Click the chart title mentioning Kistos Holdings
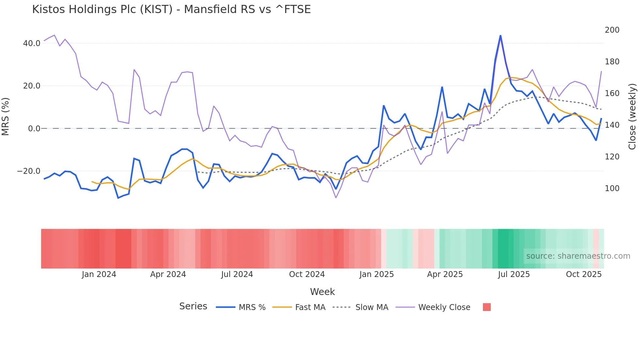click(171, 9)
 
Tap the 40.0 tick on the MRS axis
click(32, 43)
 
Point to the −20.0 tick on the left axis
click(29, 171)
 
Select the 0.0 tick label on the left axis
click(34, 128)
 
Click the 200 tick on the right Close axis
click(612, 30)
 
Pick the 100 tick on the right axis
click(612, 188)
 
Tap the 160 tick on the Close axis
click(612, 93)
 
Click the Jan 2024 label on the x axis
click(99, 274)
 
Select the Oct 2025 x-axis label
click(584, 274)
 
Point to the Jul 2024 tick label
click(237, 274)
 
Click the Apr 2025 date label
click(445, 274)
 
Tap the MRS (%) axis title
click(5, 116)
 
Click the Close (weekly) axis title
click(632, 116)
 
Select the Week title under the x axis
click(322, 291)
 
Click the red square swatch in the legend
click(487, 307)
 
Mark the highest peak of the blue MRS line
click(500, 36)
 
